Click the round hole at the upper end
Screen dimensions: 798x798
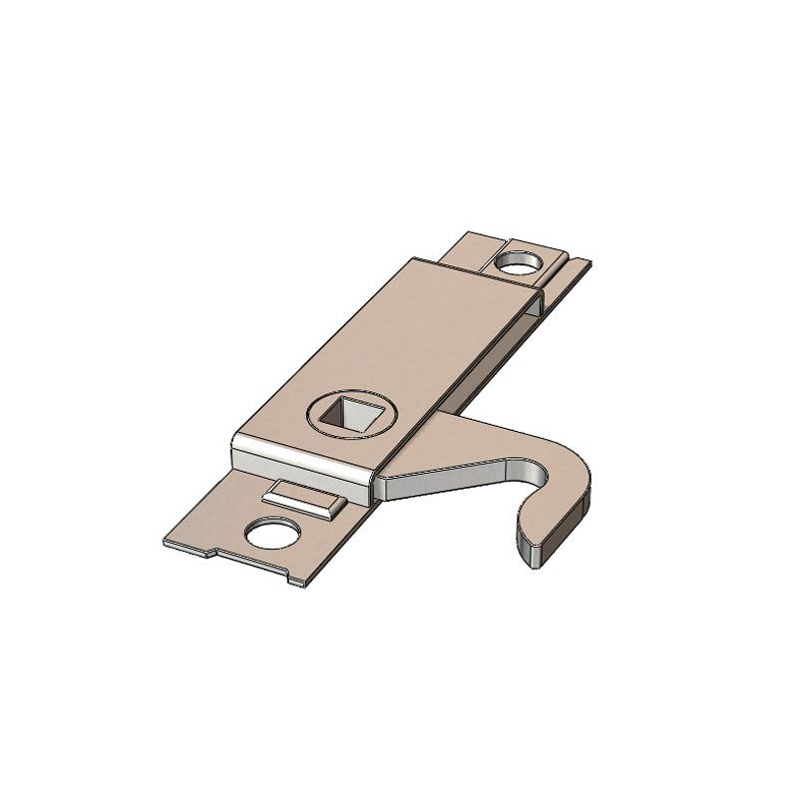518,264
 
